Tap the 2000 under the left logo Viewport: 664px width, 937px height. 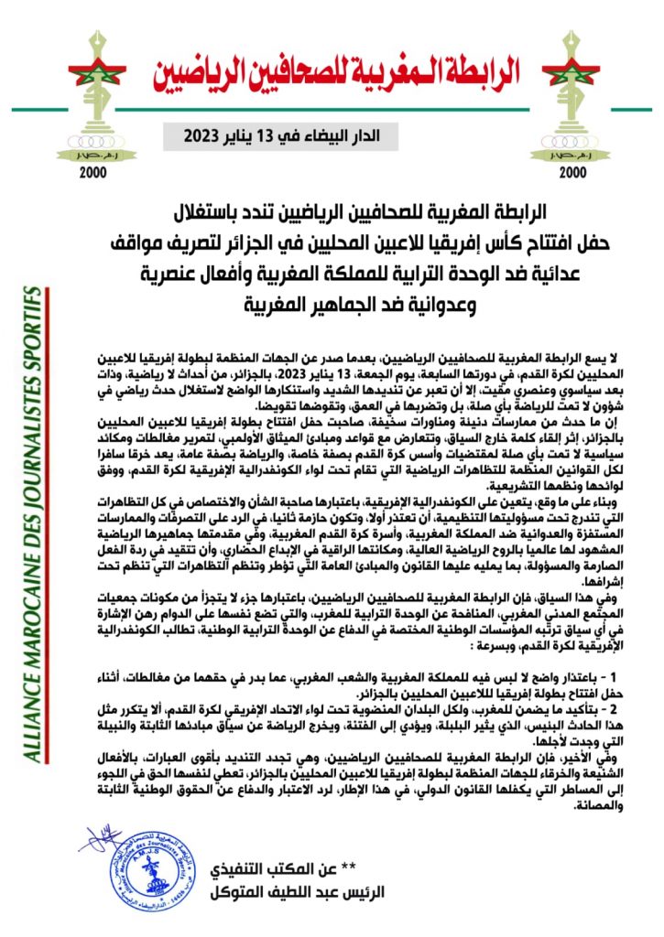tap(93, 172)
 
